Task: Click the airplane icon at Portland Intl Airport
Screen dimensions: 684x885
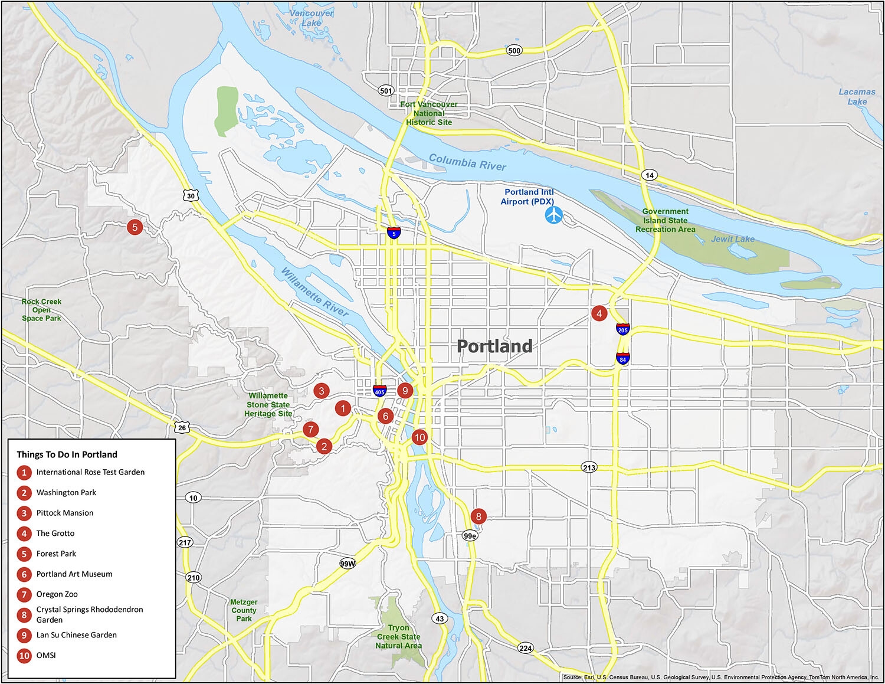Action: click(x=554, y=215)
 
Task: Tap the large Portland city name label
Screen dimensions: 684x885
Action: click(x=494, y=346)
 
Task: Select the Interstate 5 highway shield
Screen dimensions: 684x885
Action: click(x=394, y=233)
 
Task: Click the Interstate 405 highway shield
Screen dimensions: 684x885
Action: click(x=379, y=390)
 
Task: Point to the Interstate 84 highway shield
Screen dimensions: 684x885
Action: click(x=622, y=358)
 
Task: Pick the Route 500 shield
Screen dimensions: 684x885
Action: click(x=514, y=50)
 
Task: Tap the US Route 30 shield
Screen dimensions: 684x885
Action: click(x=191, y=195)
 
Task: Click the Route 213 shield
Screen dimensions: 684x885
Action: click(x=589, y=467)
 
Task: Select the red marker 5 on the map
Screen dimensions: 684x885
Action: click(x=135, y=227)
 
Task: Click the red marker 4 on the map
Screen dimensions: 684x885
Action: click(x=599, y=313)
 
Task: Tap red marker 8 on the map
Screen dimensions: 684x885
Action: click(x=478, y=516)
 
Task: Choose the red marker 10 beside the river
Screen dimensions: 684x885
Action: click(x=419, y=437)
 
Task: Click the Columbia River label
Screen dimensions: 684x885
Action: click(x=467, y=162)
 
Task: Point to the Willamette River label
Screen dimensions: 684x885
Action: click(x=314, y=292)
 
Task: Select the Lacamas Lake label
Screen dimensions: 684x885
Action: click(x=857, y=96)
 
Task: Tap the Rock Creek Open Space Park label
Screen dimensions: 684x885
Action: click(x=41, y=310)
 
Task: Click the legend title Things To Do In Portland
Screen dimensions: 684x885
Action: click(x=67, y=454)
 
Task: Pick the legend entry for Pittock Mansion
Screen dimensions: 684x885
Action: click(x=65, y=513)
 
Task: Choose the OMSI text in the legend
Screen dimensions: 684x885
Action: click(x=46, y=655)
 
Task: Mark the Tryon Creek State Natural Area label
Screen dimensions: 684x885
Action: click(x=398, y=637)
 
